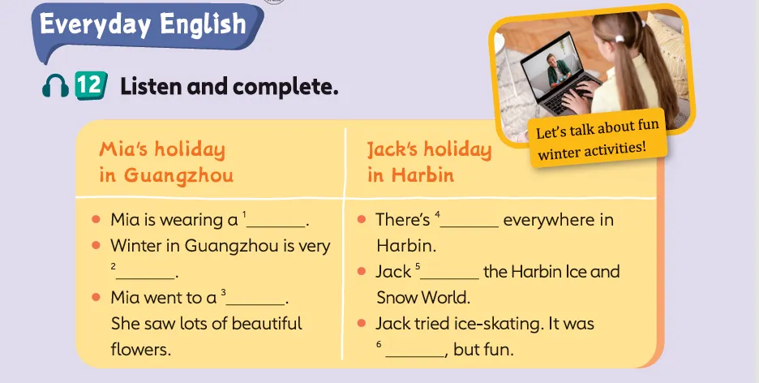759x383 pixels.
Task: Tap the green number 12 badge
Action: coord(91,85)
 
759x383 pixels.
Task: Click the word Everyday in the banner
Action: coord(96,24)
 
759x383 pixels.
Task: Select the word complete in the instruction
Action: coord(285,87)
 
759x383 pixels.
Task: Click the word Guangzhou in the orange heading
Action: coord(178,175)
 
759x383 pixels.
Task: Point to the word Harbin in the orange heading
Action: coord(422,174)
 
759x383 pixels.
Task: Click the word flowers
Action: coord(140,349)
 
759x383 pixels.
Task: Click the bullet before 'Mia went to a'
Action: coord(96,297)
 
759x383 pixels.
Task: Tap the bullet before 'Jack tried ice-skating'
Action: coord(361,323)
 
